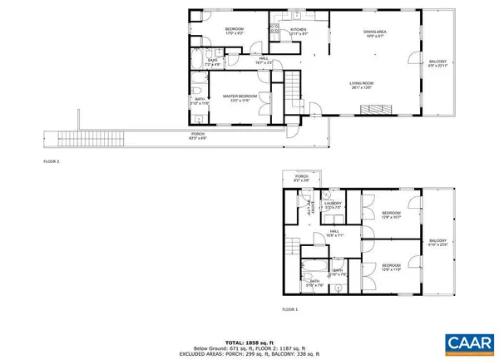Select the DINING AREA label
(374, 33)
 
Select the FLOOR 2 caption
(52, 160)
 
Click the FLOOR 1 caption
(289, 309)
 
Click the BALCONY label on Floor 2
(437, 63)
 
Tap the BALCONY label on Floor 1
(437, 242)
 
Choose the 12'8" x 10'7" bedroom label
(392, 215)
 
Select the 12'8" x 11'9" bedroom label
(392, 268)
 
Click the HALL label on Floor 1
(333, 234)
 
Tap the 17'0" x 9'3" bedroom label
(234, 32)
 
